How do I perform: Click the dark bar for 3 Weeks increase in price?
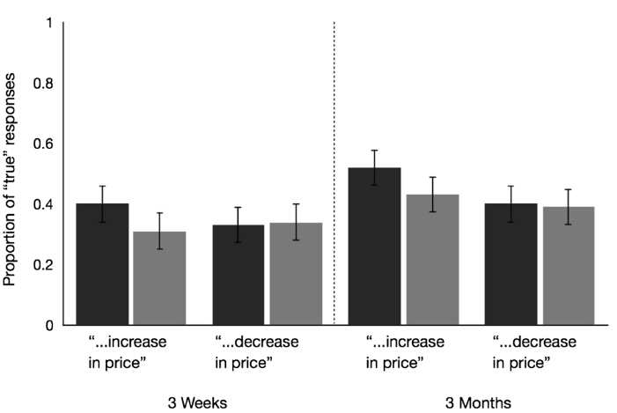pyautogui.click(x=102, y=264)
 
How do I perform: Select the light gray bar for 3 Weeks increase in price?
pyautogui.click(x=159, y=278)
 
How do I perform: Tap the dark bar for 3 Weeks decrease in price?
pyautogui.click(x=239, y=275)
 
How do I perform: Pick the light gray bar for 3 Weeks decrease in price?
pyautogui.click(x=297, y=274)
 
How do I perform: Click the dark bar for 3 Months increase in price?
pyautogui.click(x=375, y=247)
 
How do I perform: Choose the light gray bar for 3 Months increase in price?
pyautogui.click(x=432, y=260)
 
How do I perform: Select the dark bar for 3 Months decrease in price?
pyautogui.click(x=512, y=264)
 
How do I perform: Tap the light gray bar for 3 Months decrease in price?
pyautogui.click(x=569, y=266)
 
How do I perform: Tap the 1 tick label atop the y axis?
pyautogui.click(x=49, y=23)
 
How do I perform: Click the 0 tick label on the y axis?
pyautogui.click(x=49, y=326)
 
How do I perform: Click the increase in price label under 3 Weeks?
pyautogui.click(x=128, y=351)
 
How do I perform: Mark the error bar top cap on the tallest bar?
pyautogui.click(x=375, y=151)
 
